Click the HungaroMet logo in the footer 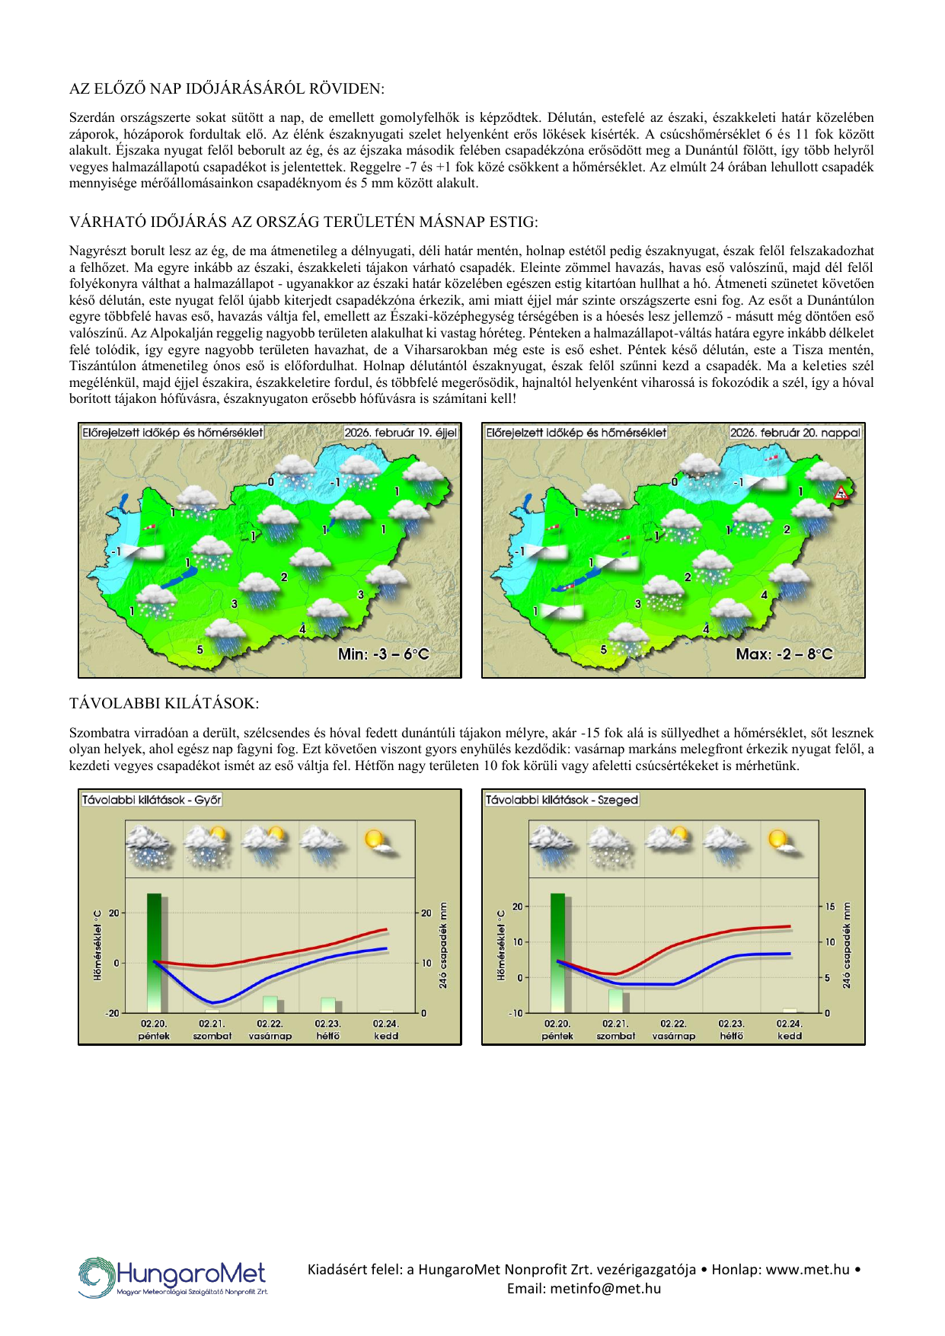(173, 1277)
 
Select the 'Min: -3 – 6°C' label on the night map (384, 654)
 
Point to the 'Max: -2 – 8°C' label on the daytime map (784, 654)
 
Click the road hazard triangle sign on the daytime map (841, 493)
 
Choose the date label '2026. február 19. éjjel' (401, 433)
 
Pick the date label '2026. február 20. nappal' (795, 433)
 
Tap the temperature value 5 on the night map (200, 650)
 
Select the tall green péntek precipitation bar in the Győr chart (155, 952)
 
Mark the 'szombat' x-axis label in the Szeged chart (615, 1036)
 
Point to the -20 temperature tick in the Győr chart (113, 1013)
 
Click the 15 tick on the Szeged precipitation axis (830, 906)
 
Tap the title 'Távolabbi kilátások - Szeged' (562, 800)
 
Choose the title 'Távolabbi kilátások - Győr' (152, 800)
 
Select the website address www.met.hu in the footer (807, 1269)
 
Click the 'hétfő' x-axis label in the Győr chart (327, 1036)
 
